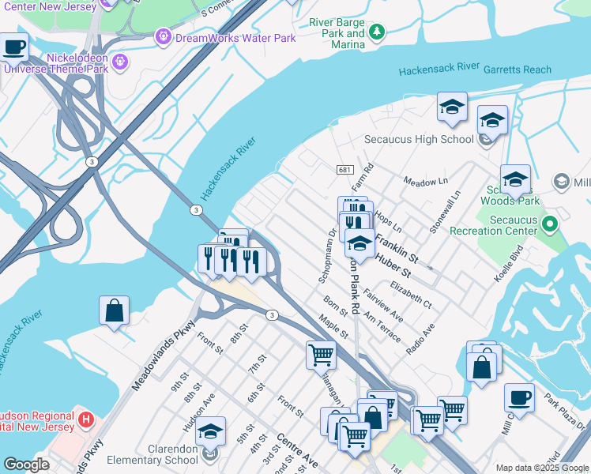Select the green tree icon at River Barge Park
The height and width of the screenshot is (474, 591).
click(x=378, y=32)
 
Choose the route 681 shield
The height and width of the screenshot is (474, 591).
click(x=344, y=170)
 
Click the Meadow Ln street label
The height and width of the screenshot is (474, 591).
click(x=425, y=182)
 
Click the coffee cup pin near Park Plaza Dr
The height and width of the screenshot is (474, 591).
click(x=519, y=397)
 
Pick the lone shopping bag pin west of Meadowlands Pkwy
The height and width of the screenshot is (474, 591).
click(x=114, y=310)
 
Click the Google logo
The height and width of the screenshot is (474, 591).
click(x=26, y=465)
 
